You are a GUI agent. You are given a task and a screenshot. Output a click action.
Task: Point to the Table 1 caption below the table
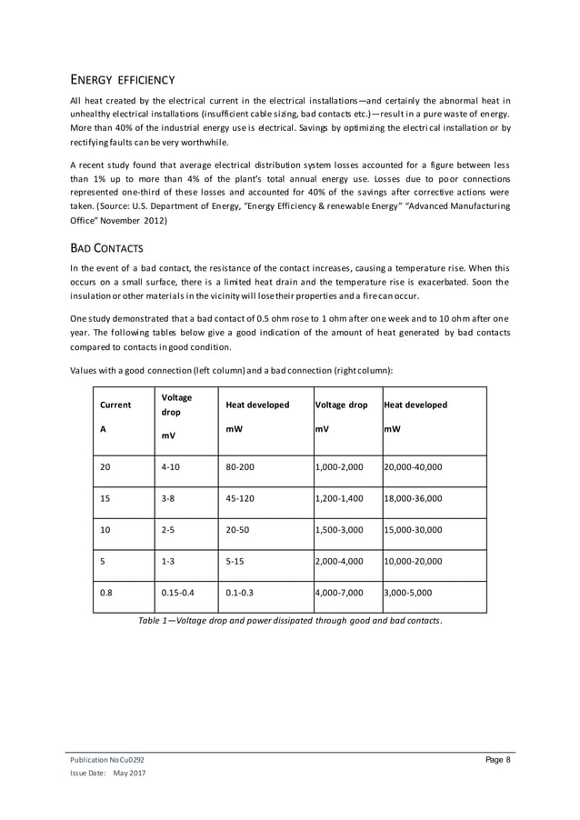[x=290, y=620]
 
